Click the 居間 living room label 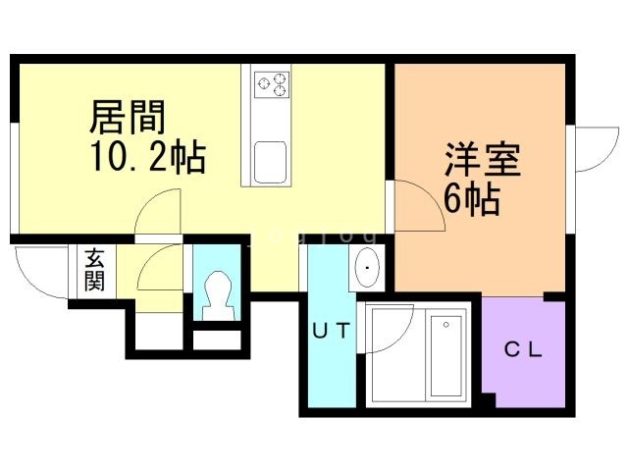(x=128, y=118)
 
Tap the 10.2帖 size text (x=148, y=156)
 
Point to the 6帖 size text (x=471, y=200)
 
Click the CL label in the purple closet (x=524, y=349)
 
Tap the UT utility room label (x=330, y=331)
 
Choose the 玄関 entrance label (x=94, y=271)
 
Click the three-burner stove (x=272, y=84)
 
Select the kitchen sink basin (x=270, y=160)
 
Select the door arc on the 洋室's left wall (x=416, y=207)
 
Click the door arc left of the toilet (x=160, y=270)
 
